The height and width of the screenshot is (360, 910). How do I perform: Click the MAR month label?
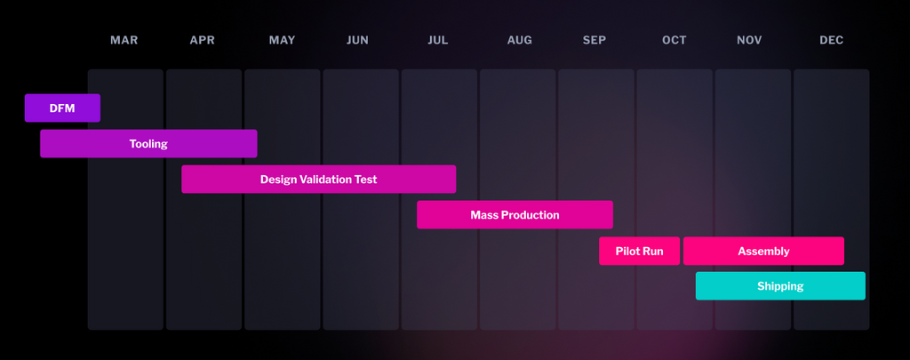(x=124, y=40)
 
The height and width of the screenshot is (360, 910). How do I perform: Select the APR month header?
(x=203, y=40)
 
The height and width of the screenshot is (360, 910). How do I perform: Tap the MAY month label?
(x=282, y=40)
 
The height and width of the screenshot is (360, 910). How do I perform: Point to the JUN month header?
(x=357, y=40)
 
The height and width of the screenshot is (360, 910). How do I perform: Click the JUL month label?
(x=438, y=40)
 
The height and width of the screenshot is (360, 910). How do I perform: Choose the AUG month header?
(x=520, y=40)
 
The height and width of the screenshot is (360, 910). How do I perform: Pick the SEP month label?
(x=595, y=40)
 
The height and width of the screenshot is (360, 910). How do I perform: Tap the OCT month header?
(x=675, y=40)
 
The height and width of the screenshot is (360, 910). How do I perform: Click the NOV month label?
(x=749, y=40)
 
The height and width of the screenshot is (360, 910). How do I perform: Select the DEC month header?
(x=832, y=40)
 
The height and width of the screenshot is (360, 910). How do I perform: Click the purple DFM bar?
(x=62, y=108)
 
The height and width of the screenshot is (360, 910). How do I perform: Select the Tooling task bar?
(x=148, y=144)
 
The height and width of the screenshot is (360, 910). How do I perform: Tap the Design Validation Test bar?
(x=318, y=180)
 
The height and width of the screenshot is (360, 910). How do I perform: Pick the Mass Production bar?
(x=515, y=215)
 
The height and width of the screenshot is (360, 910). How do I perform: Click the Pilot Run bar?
(x=639, y=251)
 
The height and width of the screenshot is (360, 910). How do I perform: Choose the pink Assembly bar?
(x=763, y=251)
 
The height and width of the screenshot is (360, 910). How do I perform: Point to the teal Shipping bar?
(x=780, y=286)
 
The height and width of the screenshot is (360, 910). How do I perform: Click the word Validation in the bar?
(x=325, y=180)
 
